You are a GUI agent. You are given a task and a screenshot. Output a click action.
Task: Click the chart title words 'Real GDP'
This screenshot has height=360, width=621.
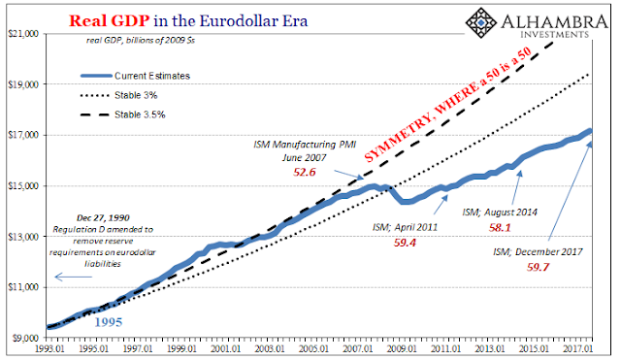click(109, 21)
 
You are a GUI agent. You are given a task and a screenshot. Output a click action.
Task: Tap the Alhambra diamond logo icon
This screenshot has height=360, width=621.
click(481, 22)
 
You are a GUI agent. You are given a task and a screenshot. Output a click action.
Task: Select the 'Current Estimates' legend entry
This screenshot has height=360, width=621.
click(136, 76)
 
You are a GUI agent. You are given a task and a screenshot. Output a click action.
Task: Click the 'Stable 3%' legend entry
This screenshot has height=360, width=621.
click(118, 95)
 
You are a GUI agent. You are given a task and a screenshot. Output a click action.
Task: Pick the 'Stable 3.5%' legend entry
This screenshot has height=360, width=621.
click(123, 115)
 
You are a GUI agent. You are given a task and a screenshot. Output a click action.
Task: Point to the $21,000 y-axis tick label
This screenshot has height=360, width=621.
click(23, 34)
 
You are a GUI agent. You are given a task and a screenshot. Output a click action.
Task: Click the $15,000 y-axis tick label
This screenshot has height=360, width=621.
click(23, 185)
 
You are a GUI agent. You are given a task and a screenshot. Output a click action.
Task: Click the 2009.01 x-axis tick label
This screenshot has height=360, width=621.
click(402, 348)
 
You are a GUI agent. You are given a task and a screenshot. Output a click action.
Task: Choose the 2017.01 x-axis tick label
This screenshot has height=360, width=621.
click(578, 348)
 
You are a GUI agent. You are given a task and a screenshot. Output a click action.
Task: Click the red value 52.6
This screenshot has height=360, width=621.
click(305, 172)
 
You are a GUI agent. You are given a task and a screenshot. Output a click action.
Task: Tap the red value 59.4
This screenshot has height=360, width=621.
click(405, 243)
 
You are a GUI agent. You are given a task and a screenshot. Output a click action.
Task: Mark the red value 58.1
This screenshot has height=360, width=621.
click(500, 227)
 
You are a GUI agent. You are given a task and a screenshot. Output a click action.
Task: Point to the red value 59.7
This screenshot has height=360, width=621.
click(538, 267)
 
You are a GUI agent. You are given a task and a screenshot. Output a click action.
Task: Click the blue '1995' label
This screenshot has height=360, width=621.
click(108, 322)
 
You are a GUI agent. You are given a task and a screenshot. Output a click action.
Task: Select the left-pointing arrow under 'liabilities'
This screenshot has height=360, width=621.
click(74, 277)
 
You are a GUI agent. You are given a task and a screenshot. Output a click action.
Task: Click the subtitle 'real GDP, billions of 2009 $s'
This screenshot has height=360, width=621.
click(141, 40)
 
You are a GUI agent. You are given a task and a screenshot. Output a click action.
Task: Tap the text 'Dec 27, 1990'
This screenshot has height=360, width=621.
click(103, 217)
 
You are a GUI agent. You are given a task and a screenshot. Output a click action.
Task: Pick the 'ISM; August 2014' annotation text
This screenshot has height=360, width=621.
click(500, 213)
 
